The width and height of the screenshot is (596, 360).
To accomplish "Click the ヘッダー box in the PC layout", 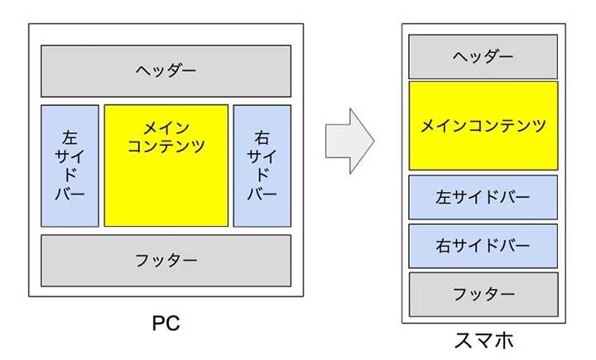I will coord(166,70).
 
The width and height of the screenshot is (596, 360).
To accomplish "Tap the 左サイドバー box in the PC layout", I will coord(70,165).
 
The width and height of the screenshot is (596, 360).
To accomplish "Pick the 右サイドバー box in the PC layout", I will coord(262,165).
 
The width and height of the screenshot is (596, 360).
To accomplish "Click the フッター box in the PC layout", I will coord(166,260).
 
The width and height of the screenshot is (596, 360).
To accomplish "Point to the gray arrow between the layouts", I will coord(348,140).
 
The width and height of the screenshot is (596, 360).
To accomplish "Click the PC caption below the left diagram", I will coord(166,323).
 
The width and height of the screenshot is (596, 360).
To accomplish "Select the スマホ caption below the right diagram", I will coord(483,340).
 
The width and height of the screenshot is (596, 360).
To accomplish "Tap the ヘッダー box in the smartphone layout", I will coord(483,56).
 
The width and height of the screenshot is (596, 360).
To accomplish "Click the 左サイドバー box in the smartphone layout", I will coord(483,198).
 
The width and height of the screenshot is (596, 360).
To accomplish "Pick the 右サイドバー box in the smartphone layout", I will coord(483,246).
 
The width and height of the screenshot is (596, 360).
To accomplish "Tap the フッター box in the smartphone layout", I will coord(483,294).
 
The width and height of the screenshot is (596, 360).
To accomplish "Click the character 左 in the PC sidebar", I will coord(70,135).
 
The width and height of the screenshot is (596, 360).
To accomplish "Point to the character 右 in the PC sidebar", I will coord(262,135).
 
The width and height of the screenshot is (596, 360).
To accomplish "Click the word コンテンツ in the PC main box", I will coord(166,146).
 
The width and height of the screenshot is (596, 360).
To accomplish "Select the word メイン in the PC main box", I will coord(166,128).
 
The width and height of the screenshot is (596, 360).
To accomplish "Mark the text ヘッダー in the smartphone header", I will coord(483,56).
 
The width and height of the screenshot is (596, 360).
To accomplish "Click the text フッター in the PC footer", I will coord(166,260).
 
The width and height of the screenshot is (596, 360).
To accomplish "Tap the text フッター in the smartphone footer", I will coord(483,294).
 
